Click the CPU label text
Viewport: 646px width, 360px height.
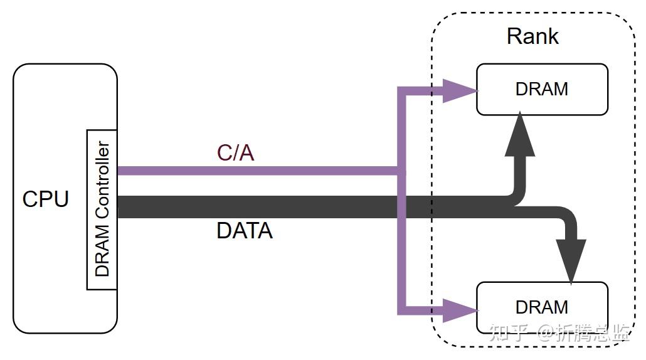click(x=45, y=199)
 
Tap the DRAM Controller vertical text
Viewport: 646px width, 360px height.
click(x=102, y=209)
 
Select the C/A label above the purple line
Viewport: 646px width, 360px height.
click(x=235, y=153)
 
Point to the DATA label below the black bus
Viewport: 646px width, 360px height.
click(x=245, y=231)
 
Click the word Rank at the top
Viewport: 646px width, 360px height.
click(x=532, y=36)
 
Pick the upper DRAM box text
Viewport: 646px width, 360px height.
click(x=542, y=89)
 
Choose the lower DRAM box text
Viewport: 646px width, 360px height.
click(x=542, y=307)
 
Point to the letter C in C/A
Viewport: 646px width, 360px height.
click(x=224, y=153)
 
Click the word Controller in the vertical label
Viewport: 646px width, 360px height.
click(x=102, y=179)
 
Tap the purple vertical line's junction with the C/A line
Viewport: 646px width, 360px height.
click(x=401, y=171)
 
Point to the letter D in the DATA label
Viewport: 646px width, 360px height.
click(x=224, y=231)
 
